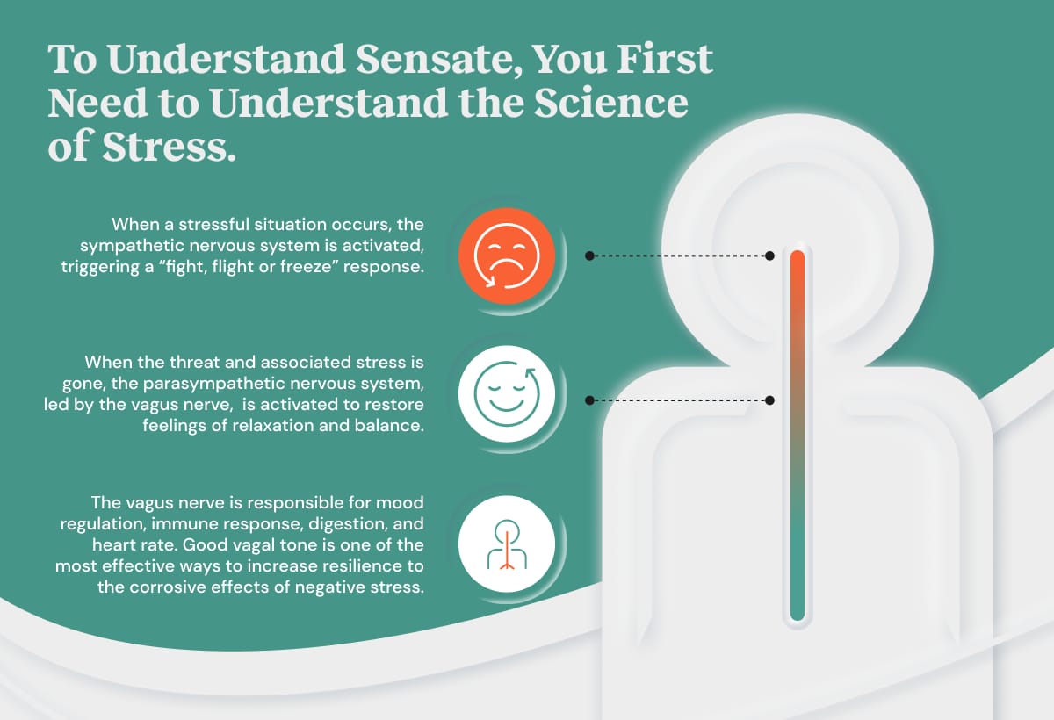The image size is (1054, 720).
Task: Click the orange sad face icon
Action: click(x=505, y=256)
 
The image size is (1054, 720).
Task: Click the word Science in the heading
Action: click(x=615, y=104)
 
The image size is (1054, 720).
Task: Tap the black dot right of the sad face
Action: click(x=590, y=256)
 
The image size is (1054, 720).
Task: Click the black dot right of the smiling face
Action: click(x=590, y=400)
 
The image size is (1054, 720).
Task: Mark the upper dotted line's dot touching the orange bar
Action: click(x=769, y=256)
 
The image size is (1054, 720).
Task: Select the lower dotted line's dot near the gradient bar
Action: click(x=769, y=400)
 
